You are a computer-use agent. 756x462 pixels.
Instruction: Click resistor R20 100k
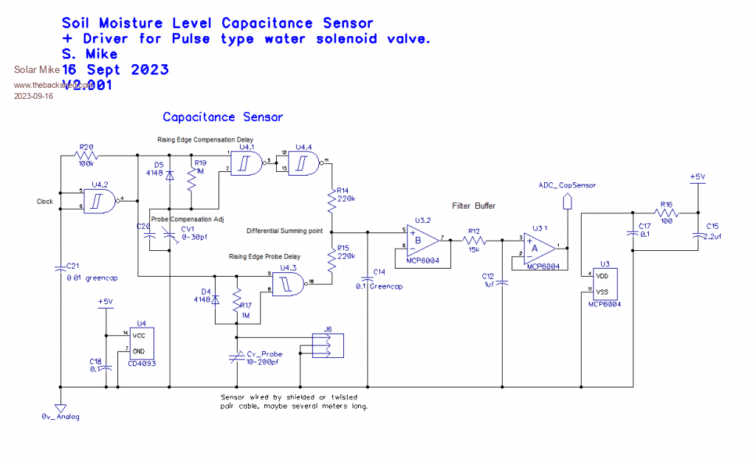(x=87, y=156)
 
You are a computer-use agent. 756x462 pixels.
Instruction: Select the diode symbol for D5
(x=170, y=174)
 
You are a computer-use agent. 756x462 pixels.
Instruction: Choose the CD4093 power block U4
(x=142, y=342)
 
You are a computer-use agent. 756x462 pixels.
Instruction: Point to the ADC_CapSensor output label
(x=567, y=185)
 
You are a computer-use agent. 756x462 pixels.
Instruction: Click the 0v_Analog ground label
(x=60, y=416)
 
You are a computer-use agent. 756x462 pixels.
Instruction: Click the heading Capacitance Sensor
(x=222, y=117)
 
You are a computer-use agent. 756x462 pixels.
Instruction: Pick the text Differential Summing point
(x=284, y=231)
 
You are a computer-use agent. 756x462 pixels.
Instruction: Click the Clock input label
(x=44, y=201)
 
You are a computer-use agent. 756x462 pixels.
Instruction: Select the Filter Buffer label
(x=475, y=206)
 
